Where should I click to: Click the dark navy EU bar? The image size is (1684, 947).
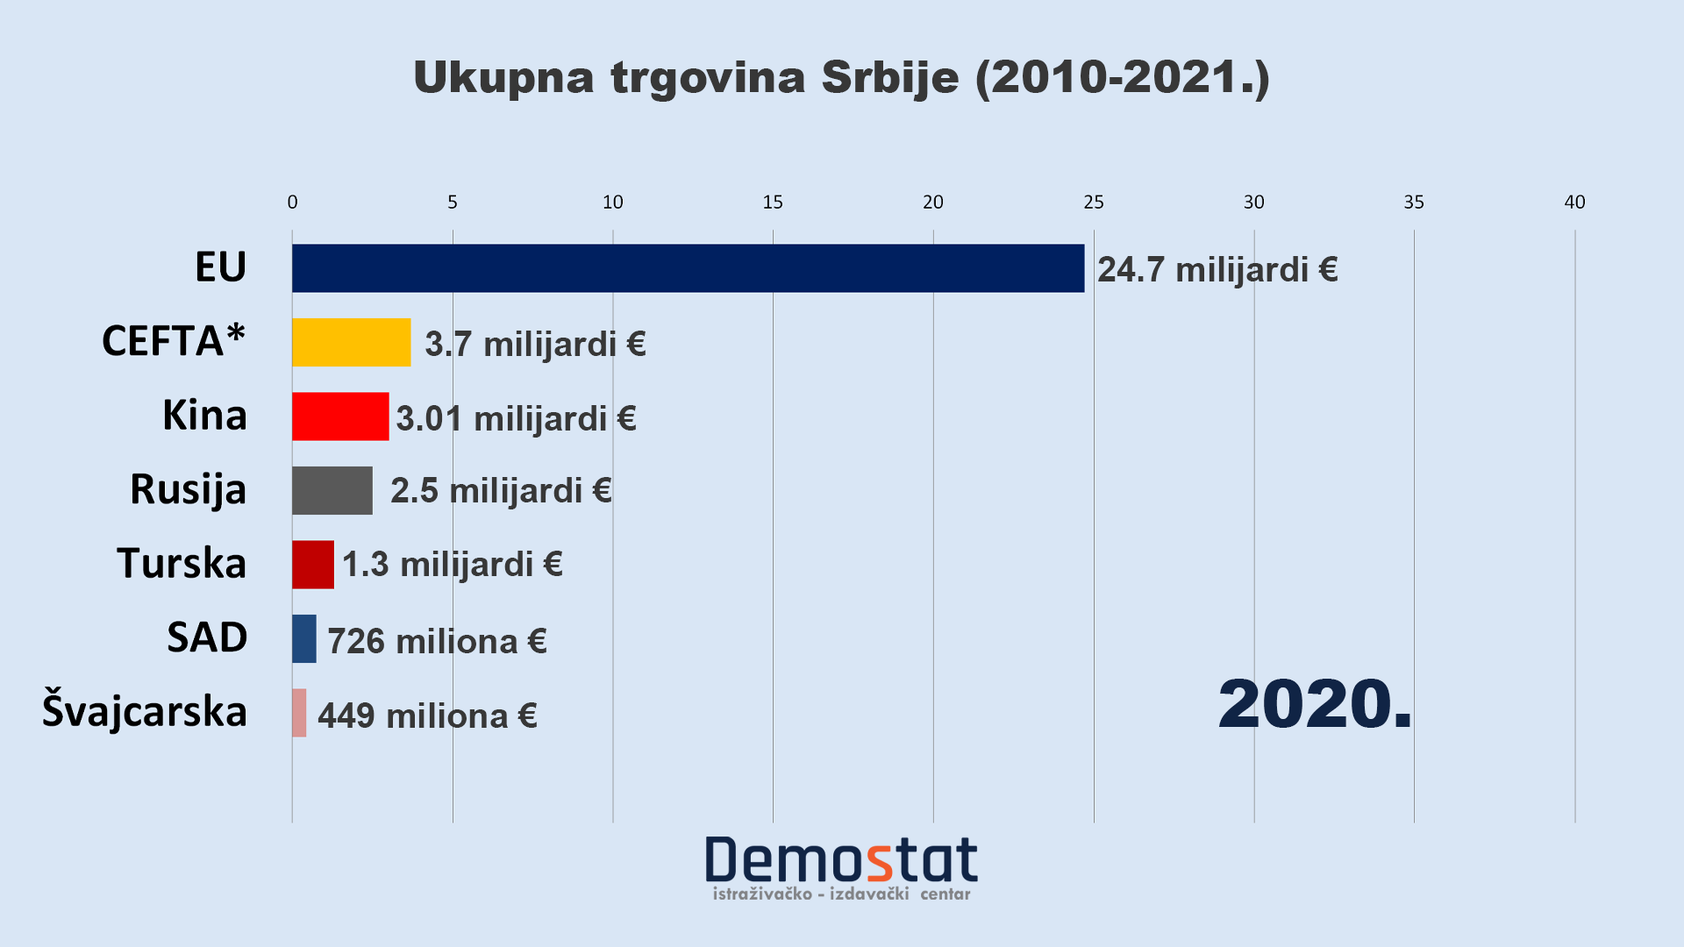pos(688,268)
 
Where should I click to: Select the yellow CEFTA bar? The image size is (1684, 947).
pos(351,342)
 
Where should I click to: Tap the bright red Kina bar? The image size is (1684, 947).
pos(340,417)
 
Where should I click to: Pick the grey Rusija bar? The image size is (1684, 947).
pos(332,490)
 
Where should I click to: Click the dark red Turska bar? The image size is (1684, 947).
pos(313,565)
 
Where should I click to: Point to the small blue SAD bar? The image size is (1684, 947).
pos(304,638)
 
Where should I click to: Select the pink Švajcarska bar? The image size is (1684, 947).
pos(299,713)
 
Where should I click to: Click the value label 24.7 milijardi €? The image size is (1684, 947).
pos(1217,270)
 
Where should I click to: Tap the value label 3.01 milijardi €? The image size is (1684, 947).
pos(516,418)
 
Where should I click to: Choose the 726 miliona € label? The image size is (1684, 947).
pos(437,642)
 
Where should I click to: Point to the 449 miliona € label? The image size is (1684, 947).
pos(427,716)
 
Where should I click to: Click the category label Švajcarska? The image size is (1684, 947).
pos(145,711)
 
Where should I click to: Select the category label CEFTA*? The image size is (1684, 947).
pos(174,340)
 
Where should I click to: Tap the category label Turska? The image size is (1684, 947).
pos(182,563)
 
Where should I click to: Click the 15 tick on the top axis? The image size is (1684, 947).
pos(773,203)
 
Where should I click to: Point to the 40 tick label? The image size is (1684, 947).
pos(1574,203)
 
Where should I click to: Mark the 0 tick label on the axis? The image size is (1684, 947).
pos(292,203)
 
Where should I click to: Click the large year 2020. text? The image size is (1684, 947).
pos(1315,704)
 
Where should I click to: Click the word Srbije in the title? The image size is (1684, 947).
pos(890,77)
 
